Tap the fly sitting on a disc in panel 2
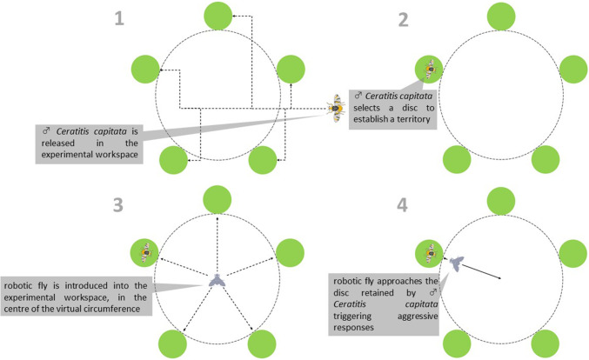431,69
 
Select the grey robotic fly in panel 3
216,280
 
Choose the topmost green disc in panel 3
216,199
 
